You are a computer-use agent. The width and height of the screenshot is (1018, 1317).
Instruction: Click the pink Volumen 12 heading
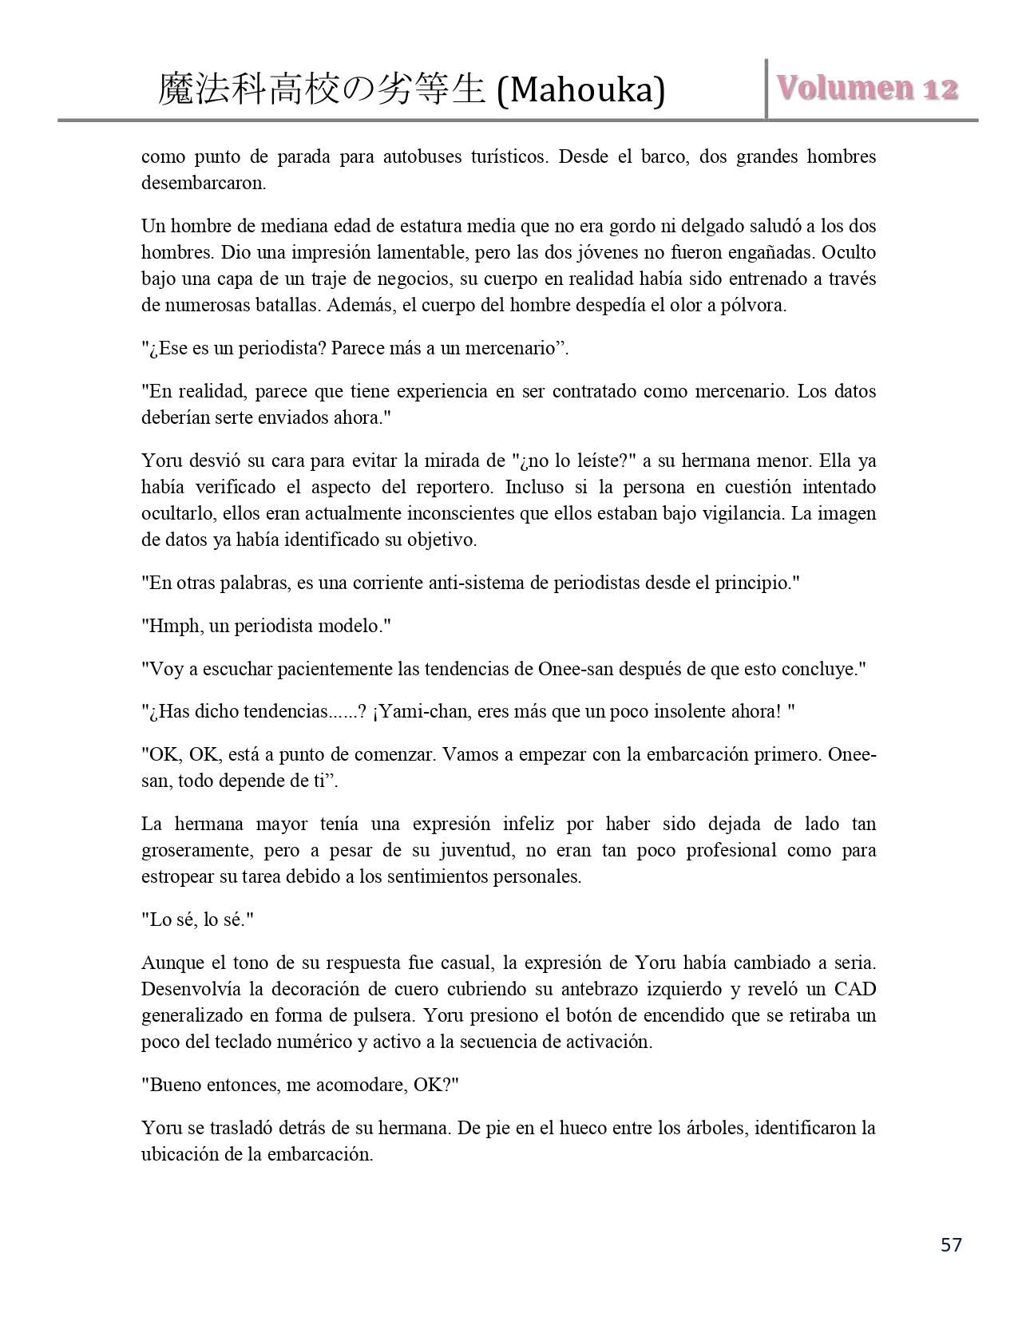pos(867,88)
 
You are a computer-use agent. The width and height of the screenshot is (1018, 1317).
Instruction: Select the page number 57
pos(951,1244)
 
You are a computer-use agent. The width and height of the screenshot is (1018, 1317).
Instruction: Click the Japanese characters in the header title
pos(322,89)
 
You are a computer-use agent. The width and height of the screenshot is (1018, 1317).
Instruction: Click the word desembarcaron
pos(203,183)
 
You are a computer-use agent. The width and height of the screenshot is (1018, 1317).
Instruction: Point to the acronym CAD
pos(855,989)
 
